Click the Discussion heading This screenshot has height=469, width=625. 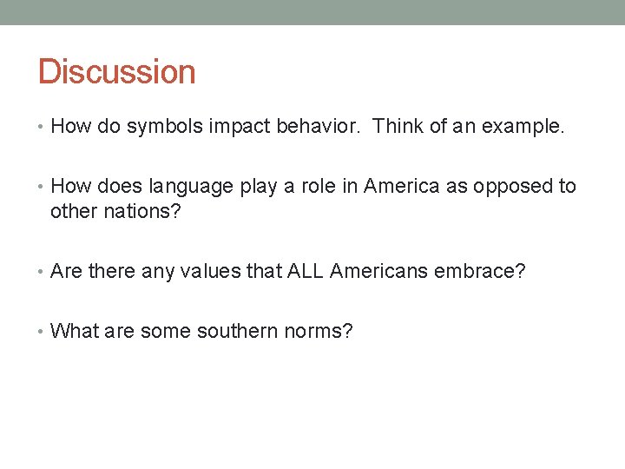[x=116, y=71]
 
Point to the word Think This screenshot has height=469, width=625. [x=400, y=128]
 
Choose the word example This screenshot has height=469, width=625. [x=523, y=128]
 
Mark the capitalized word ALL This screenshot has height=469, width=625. [x=305, y=272]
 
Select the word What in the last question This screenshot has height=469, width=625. [x=76, y=331]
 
